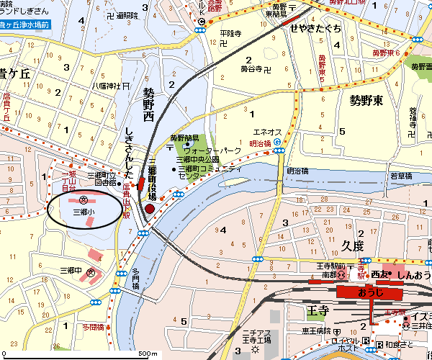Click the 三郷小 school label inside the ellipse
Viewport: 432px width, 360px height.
tap(84, 212)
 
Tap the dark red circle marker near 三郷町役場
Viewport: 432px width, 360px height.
tap(150, 209)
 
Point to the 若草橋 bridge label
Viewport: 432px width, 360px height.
tap(401, 176)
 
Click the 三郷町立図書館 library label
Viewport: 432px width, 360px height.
tap(101, 179)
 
